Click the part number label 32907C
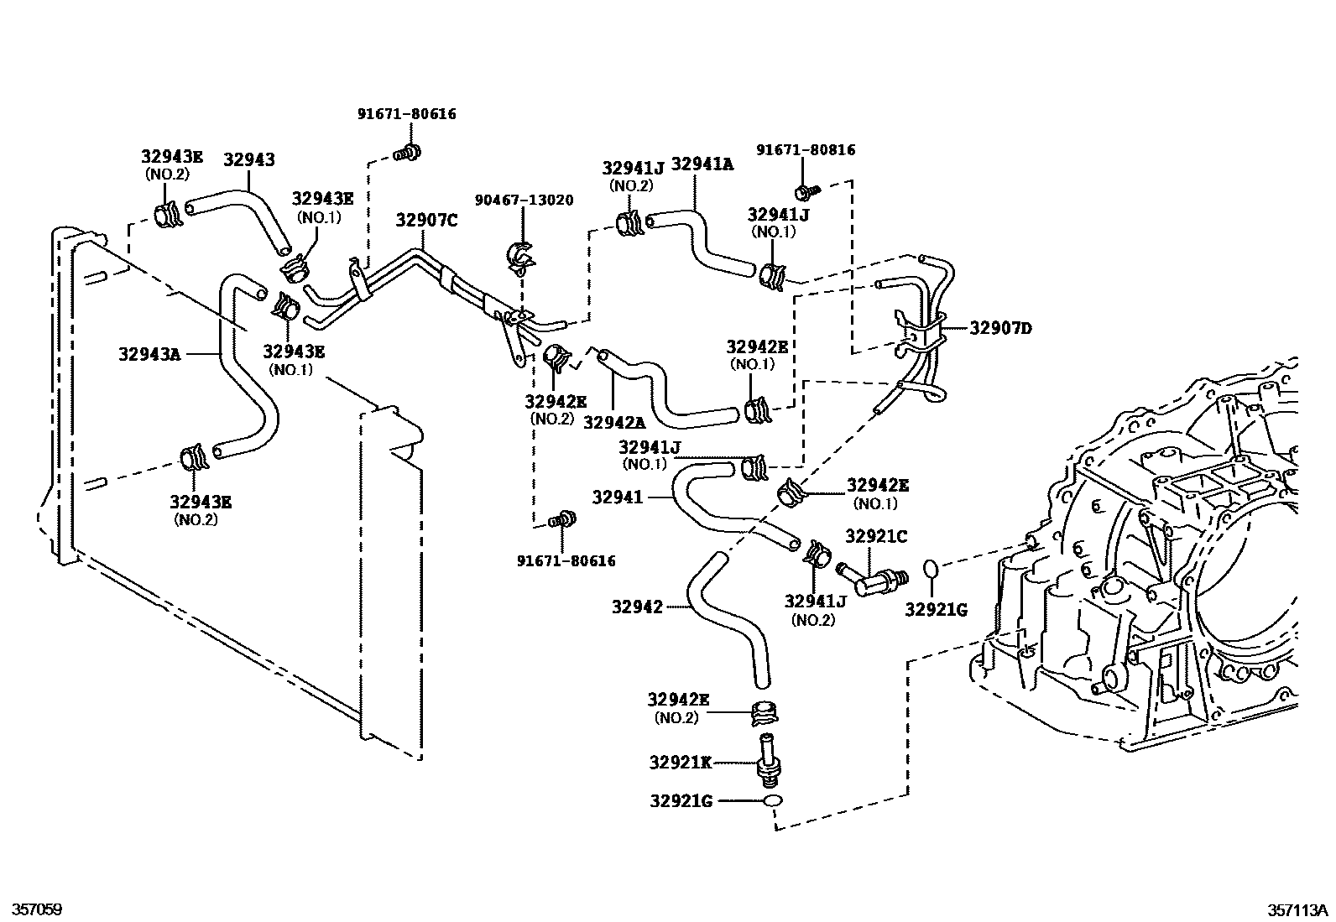coord(426,221)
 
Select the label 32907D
coord(1000,328)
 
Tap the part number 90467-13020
coord(524,200)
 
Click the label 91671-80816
coord(805,150)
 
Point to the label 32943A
coord(149,354)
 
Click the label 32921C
coord(875,535)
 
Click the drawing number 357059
coord(32,909)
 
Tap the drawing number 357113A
coord(1298,909)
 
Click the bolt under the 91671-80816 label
coord(806,191)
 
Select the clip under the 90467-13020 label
coord(521,257)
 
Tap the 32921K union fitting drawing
coord(766,758)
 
